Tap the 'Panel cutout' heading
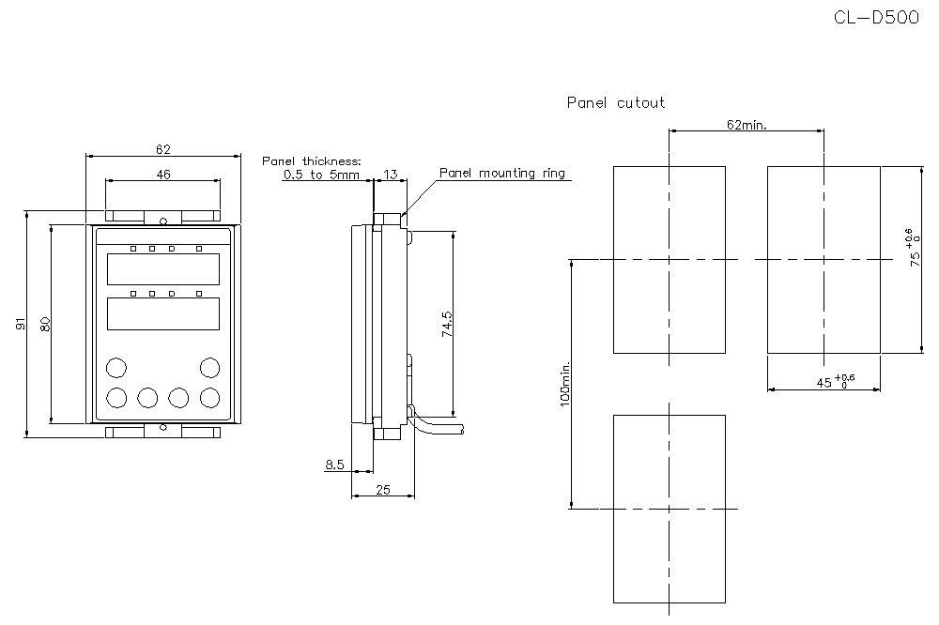click(616, 102)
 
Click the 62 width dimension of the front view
click(163, 148)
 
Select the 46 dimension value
click(163, 174)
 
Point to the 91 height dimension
click(20, 324)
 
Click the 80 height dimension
click(43, 324)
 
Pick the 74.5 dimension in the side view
click(448, 324)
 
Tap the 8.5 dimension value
click(335, 464)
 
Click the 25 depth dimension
click(383, 488)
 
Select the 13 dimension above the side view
click(390, 174)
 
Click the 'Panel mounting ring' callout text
click(502, 173)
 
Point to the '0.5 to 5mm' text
click(321, 175)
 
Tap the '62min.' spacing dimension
click(747, 125)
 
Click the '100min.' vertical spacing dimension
click(564, 385)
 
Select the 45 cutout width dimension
click(826, 380)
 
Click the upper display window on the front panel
click(163, 269)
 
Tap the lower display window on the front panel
click(163, 313)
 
